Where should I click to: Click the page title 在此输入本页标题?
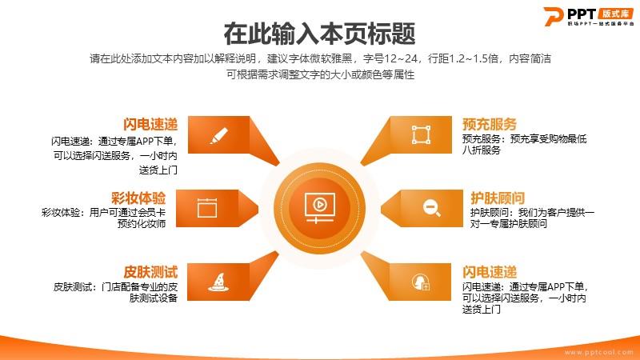click(x=319, y=34)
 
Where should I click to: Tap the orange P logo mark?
click(x=554, y=16)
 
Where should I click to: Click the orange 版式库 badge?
click(x=616, y=14)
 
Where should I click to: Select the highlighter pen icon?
click(x=218, y=135)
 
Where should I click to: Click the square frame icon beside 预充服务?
click(x=421, y=134)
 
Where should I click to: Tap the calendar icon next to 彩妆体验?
click(x=207, y=208)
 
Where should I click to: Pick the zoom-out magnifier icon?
click(x=431, y=208)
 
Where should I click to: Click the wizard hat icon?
click(x=218, y=282)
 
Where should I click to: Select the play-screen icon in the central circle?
click(x=319, y=208)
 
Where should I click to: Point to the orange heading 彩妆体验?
click(x=138, y=198)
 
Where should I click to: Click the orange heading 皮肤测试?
click(x=150, y=272)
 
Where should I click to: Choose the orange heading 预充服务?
click(x=490, y=124)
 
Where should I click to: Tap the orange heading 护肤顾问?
click(x=498, y=198)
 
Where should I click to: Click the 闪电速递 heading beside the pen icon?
click(x=150, y=124)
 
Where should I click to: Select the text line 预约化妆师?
click(x=142, y=224)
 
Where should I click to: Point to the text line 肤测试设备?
click(x=154, y=298)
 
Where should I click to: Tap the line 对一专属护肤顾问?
click(x=509, y=224)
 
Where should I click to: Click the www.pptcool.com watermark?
click(x=598, y=352)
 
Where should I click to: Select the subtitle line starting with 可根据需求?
click(x=321, y=74)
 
